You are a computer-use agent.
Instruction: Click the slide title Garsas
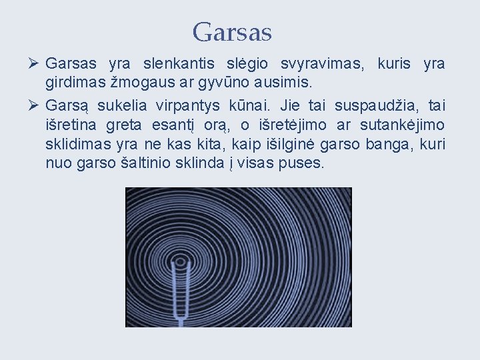[232, 31]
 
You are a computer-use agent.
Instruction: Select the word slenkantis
[179, 65]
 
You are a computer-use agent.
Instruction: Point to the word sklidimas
[74, 145]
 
